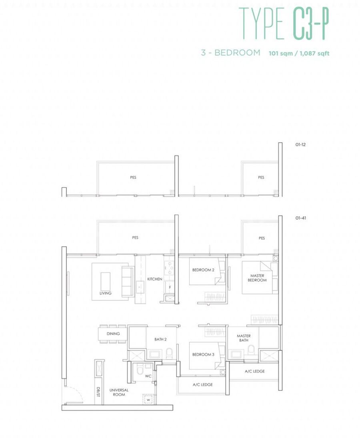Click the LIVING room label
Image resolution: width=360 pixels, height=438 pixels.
105,293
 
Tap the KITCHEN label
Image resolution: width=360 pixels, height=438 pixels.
154,279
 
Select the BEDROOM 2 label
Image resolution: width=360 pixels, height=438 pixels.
203,270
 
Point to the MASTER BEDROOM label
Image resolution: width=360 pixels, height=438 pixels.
257,278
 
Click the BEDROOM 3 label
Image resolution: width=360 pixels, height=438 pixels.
203,354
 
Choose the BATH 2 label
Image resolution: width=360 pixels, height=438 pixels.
160,339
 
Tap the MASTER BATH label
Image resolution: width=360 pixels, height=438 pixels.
244,338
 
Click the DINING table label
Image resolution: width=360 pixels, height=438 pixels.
113,334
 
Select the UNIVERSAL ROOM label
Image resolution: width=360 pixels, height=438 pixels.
119,392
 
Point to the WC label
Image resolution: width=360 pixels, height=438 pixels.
148,376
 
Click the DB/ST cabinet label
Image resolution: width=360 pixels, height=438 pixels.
98,392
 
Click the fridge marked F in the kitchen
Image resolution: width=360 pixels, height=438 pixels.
170,287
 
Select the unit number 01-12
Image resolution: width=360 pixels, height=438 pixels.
300,145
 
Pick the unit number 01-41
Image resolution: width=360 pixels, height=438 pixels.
300,218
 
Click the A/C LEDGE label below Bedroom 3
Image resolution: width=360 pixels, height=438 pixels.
203,384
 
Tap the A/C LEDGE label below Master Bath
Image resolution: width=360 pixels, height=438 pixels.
255,371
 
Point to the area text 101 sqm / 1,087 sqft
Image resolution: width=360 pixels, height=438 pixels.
299,53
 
